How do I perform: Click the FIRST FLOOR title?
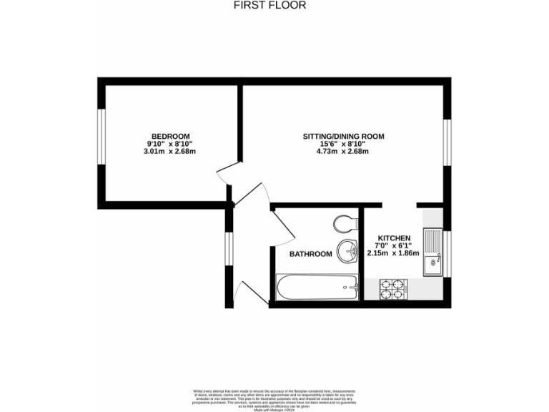pos(269,5)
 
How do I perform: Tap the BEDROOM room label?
pos(169,137)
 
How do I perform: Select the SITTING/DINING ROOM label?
pos(343,137)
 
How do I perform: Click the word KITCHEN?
pos(394,238)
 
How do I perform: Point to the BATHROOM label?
pos(310,254)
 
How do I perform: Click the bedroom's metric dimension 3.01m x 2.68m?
pos(169,152)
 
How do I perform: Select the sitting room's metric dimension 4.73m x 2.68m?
pos(343,152)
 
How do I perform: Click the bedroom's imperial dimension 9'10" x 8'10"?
pos(169,144)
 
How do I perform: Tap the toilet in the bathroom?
pos(345,224)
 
